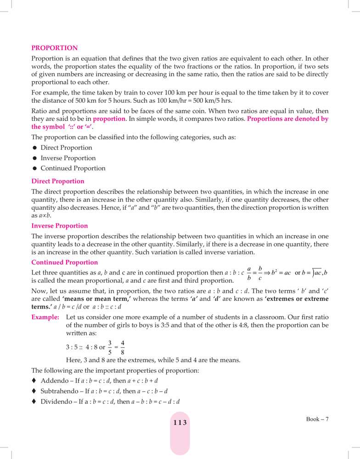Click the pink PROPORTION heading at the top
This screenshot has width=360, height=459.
(54, 48)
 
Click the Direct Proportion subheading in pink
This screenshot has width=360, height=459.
(57, 181)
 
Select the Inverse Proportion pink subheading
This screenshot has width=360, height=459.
(59, 226)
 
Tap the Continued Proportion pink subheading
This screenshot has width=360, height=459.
(64, 263)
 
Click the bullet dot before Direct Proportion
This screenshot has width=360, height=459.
(34, 148)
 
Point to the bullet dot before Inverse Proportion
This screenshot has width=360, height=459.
(34, 158)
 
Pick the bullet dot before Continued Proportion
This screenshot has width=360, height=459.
(34, 168)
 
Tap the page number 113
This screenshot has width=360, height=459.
(180, 423)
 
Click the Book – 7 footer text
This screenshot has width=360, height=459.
(318, 419)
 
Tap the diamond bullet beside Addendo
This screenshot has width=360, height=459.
(34, 381)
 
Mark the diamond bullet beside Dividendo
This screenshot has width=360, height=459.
(34, 402)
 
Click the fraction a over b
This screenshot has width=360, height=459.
(249, 273)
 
